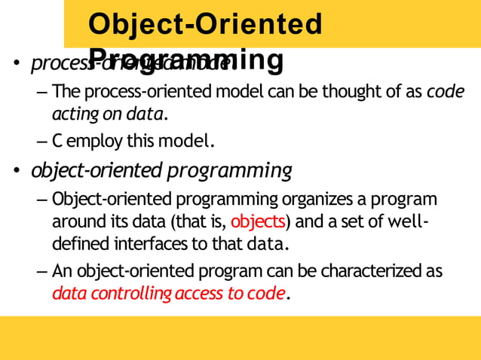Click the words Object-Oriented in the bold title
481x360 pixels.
tap(205, 24)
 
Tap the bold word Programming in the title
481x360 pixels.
tap(186, 59)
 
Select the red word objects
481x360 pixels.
tap(258, 222)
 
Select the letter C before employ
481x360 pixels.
tap(57, 141)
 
